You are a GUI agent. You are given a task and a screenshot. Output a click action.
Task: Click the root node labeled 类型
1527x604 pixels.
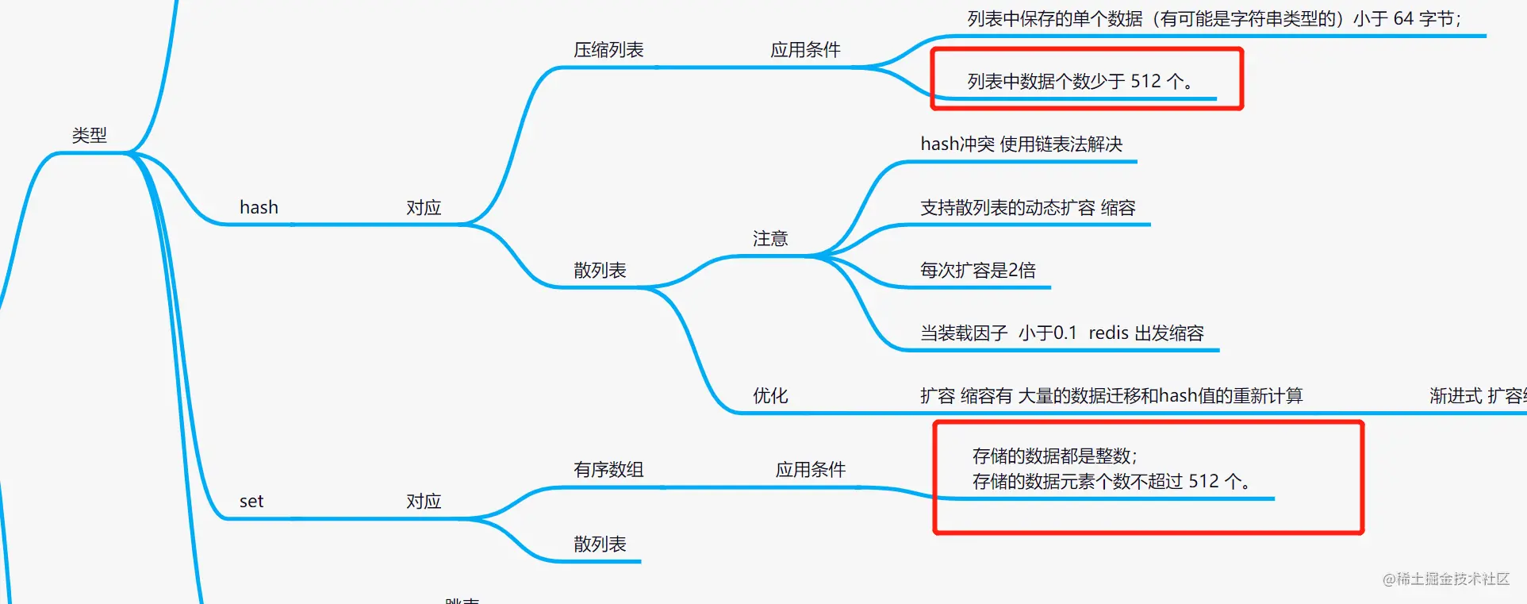(89, 136)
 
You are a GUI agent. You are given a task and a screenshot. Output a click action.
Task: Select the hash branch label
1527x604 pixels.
(259, 208)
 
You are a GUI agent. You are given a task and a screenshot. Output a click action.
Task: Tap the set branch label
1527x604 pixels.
(251, 502)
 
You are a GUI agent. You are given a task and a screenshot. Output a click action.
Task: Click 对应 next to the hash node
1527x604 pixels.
(424, 208)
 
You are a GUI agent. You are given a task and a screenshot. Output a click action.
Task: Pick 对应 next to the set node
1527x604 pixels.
(424, 502)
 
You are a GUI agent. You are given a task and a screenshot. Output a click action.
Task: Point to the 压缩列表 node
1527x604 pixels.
(608, 50)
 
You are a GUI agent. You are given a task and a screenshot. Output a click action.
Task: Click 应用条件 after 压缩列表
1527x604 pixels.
(805, 50)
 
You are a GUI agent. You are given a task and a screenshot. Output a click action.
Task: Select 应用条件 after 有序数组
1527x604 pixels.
(811, 470)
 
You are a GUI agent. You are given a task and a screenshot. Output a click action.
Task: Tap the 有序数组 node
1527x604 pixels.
(608, 470)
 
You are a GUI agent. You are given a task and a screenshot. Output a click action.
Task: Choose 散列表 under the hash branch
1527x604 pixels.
(600, 271)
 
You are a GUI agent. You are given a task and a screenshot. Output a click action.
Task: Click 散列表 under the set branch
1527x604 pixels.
(600, 544)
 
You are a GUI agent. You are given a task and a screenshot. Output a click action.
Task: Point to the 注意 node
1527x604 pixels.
(770, 239)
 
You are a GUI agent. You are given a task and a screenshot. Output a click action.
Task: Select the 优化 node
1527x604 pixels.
(770, 396)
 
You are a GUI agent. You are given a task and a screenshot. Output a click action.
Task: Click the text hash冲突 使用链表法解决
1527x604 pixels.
(1021, 144)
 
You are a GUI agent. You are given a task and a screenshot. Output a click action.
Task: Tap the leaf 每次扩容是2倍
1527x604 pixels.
(977, 271)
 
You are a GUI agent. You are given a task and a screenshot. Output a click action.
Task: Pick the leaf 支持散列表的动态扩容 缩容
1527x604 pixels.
(1027, 208)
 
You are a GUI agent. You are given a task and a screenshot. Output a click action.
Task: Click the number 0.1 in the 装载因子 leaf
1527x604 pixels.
(1065, 333)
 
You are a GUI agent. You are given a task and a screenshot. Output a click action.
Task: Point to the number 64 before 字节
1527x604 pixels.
(1403, 19)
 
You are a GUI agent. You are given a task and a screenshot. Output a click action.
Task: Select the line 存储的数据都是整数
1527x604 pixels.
(1054, 456)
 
